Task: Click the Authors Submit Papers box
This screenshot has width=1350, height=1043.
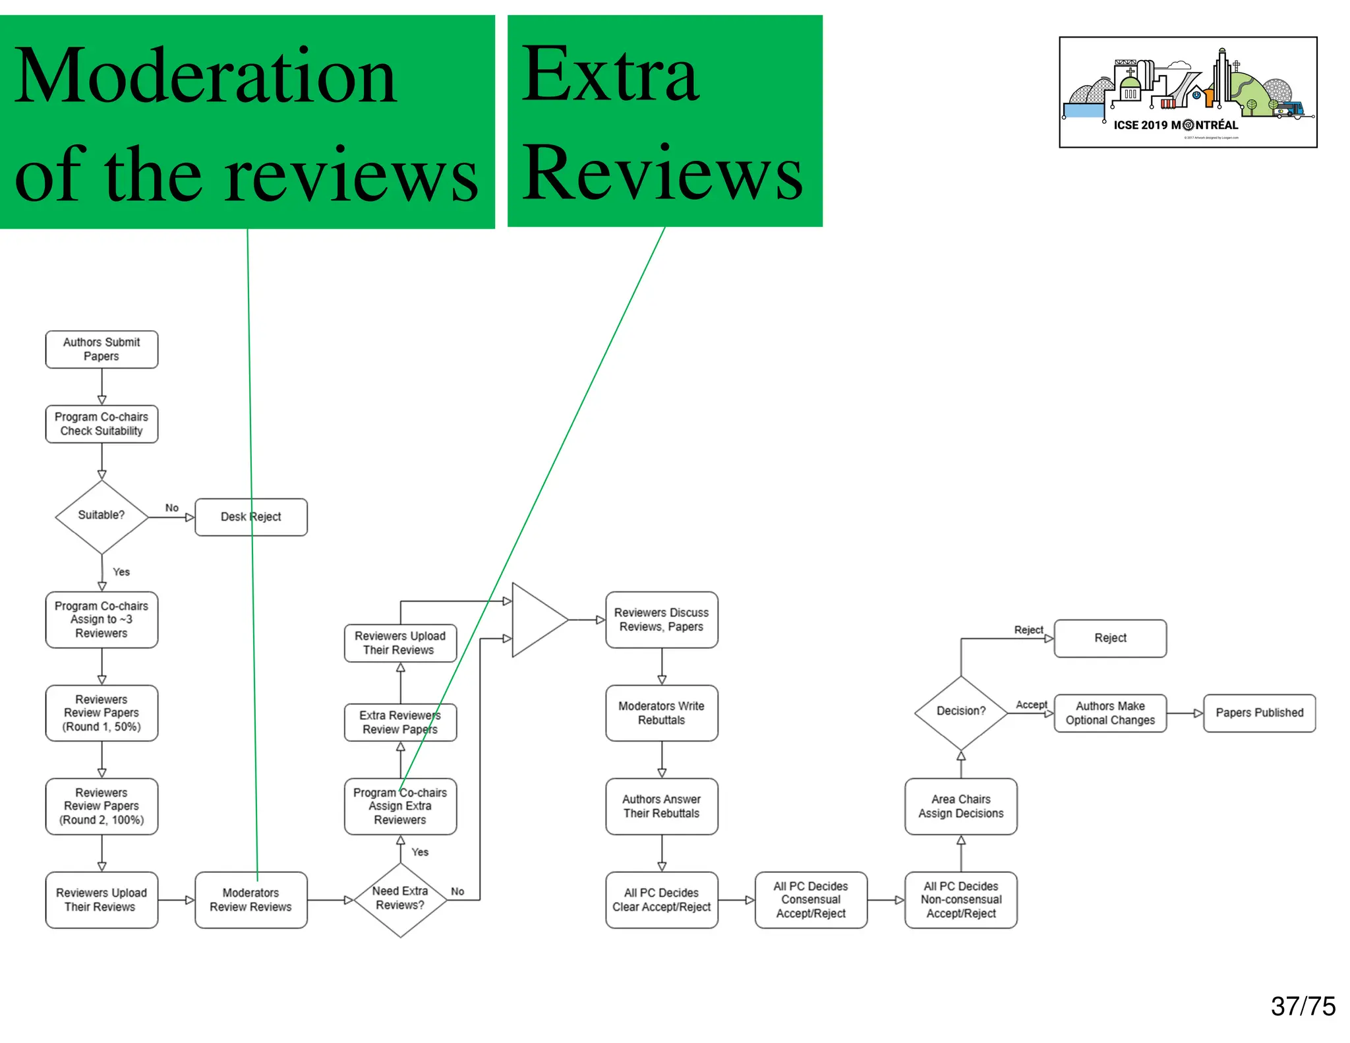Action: [x=102, y=349]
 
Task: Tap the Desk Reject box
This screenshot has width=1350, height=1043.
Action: [x=251, y=517]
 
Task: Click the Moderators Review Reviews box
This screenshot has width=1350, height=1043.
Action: [x=250, y=900]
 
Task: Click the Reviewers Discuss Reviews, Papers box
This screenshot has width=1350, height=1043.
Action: [x=661, y=620]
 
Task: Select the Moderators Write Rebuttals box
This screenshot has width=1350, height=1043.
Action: [x=661, y=713]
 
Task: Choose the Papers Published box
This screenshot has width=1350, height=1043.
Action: [x=1259, y=713]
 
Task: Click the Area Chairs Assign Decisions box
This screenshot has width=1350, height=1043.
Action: [x=960, y=806]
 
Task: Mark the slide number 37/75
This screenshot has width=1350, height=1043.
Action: [x=1303, y=1006]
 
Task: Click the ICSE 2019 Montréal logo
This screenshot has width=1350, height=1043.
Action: [x=1188, y=92]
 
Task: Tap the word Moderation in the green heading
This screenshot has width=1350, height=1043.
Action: [x=205, y=76]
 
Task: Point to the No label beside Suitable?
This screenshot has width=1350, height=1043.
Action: [x=172, y=508]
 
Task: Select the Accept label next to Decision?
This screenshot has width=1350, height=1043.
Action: [x=1031, y=705]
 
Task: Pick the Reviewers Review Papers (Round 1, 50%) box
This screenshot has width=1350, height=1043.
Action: [x=102, y=713]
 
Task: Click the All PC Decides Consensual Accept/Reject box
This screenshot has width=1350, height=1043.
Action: [x=811, y=900]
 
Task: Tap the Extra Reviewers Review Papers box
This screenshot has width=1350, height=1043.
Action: [x=400, y=723]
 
